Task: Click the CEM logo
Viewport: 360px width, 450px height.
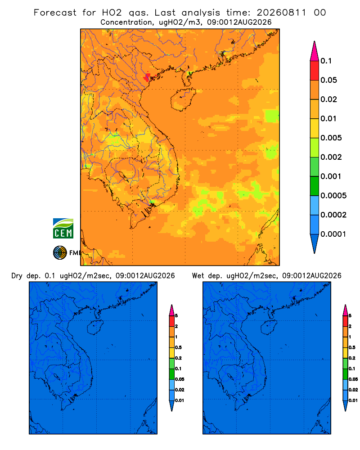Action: coord(63,228)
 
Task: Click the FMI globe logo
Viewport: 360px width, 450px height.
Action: coord(60,252)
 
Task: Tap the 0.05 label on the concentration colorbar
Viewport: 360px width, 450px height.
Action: coord(328,80)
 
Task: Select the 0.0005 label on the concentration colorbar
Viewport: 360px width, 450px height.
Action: coord(333,196)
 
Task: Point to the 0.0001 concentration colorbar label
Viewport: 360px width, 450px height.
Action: coord(333,234)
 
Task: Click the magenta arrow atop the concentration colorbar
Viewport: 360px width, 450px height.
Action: coord(315,51)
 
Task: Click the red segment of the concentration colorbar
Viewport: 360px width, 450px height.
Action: coord(315,71)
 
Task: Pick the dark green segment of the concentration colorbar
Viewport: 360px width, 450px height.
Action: coord(315,186)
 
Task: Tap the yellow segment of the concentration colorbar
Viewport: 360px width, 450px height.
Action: coord(315,128)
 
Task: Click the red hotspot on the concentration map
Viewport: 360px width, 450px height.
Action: coord(148,77)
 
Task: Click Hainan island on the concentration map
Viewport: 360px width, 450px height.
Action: coord(183,99)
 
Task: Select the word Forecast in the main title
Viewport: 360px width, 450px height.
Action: coord(55,13)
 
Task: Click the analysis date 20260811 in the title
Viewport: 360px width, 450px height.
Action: coord(281,13)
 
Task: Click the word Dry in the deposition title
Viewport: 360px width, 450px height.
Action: coord(17,276)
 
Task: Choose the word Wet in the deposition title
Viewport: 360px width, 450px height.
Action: coord(198,276)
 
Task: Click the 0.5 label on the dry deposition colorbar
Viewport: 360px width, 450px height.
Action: coord(178,347)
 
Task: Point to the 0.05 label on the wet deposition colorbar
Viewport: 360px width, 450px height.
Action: coord(353,379)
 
